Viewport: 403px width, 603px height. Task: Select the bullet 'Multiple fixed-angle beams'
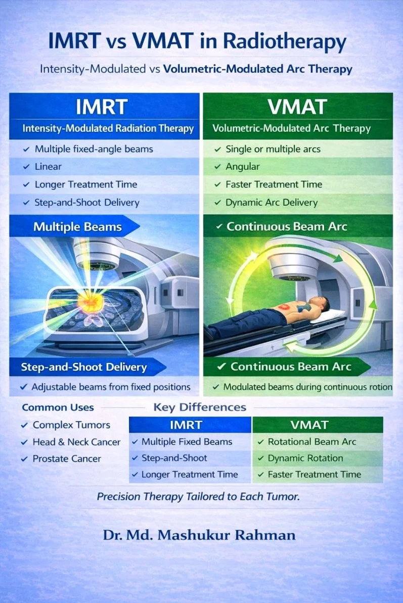pyautogui.click(x=94, y=149)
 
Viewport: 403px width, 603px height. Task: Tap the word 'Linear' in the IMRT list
pyautogui.click(x=48, y=167)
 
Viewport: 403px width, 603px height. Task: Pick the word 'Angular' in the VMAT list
pyautogui.click(x=243, y=167)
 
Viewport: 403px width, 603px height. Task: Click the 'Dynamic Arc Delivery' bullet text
pyautogui.click(x=272, y=203)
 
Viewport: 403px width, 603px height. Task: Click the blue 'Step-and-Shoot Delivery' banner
pyautogui.click(x=83, y=367)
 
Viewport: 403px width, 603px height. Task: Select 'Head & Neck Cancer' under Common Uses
pyautogui.click(x=76, y=442)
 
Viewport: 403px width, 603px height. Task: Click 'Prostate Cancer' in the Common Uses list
pyautogui.click(x=67, y=459)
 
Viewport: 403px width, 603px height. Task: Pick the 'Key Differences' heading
pyautogui.click(x=200, y=407)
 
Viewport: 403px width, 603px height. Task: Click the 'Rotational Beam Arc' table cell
pyautogui.click(x=312, y=442)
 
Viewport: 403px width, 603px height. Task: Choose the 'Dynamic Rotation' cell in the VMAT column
pyautogui.click(x=305, y=458)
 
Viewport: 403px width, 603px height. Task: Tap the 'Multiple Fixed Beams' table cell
pyautogui.click(x=187, y=442)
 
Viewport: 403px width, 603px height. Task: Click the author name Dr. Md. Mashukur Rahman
pyautogui.click(x=199, y=535)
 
